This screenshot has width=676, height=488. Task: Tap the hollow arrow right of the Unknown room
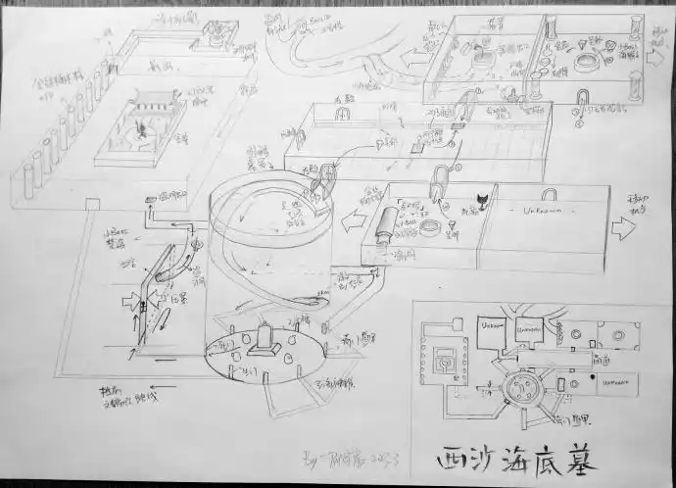click(622, 228)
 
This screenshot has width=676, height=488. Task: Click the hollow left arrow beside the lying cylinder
click(349, 224)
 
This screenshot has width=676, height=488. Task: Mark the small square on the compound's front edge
click(93, 203)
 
